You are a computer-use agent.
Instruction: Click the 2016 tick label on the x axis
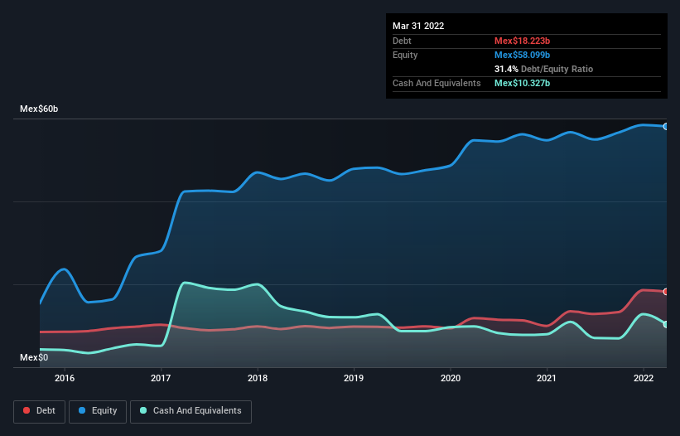coord(65,379)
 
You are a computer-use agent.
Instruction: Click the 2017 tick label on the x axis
coord(162,379)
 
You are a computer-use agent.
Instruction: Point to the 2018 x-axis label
coord(258,379)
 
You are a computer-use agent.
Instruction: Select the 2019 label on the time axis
coord(354,379)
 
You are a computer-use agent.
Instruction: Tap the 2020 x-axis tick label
coord(451,379)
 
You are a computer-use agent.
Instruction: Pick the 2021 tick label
coord(547,379)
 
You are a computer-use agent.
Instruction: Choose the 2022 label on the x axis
coord(644,379)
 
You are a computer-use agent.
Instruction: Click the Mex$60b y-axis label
coord(40,109)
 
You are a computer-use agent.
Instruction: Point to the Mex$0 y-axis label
coord(34,357)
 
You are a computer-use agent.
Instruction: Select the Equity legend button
coord(98,411)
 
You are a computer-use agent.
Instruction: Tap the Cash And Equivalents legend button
coord(190,411)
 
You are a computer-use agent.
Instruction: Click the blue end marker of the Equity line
coord(666,127)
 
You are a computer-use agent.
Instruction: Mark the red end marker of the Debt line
coord(666,292)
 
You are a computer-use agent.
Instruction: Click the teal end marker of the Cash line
coord(666,324)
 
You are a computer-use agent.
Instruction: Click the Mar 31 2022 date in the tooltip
coord(418,26)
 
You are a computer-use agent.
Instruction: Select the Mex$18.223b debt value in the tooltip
coord(522,41)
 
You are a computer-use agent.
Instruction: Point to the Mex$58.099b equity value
coord(522,55)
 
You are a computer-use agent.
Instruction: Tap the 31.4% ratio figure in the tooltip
coord(506,69)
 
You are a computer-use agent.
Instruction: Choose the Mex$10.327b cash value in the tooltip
coord(522,84)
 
